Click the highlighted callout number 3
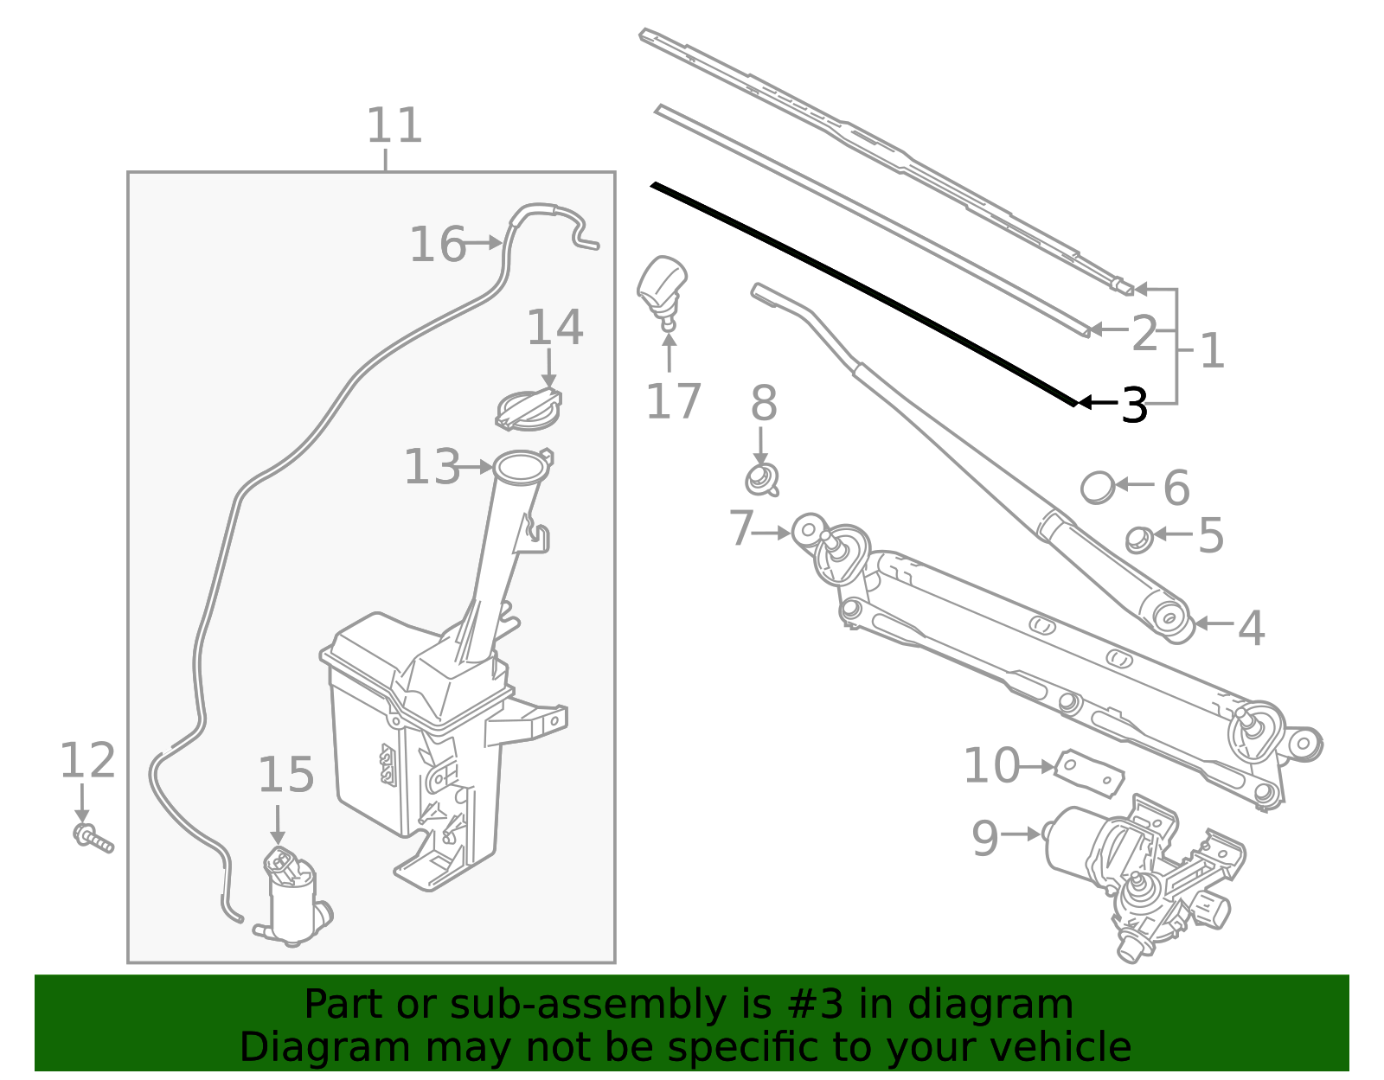(x=1134, y=405)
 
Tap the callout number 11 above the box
(x=394, y=126)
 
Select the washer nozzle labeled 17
(x=662, y=284)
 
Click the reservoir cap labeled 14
(x=528, y=409)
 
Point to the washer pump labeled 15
(x=292, y=895)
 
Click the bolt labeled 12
(x=92, y=838)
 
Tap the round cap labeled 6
(x=1098, y=487)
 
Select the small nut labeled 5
(x=1137, y=540)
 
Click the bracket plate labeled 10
(x=1091, y=772)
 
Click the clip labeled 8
(x=761, y=478)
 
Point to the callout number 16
(x=437, y=245)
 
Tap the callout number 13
(x=432, y=468)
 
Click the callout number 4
(x=1251, y=628)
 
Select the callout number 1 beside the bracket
(x=1212, y=351)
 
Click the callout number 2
(x=1144, y=333)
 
